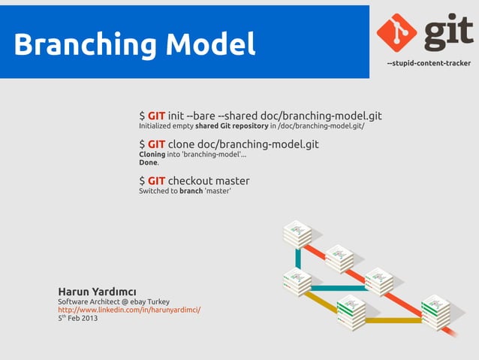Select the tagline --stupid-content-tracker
[428, 63]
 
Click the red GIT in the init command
[156, 116]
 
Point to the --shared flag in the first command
[237, 116]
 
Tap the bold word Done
[148, 162]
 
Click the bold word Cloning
[152, 154]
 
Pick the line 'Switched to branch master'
[185, 191]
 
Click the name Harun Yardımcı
[97, 292]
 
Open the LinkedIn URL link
[129, 310]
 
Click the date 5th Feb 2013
[77, 318]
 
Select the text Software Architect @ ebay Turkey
[113, 301]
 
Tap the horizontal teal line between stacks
[338, 288]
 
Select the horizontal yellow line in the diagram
[393, 320]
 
